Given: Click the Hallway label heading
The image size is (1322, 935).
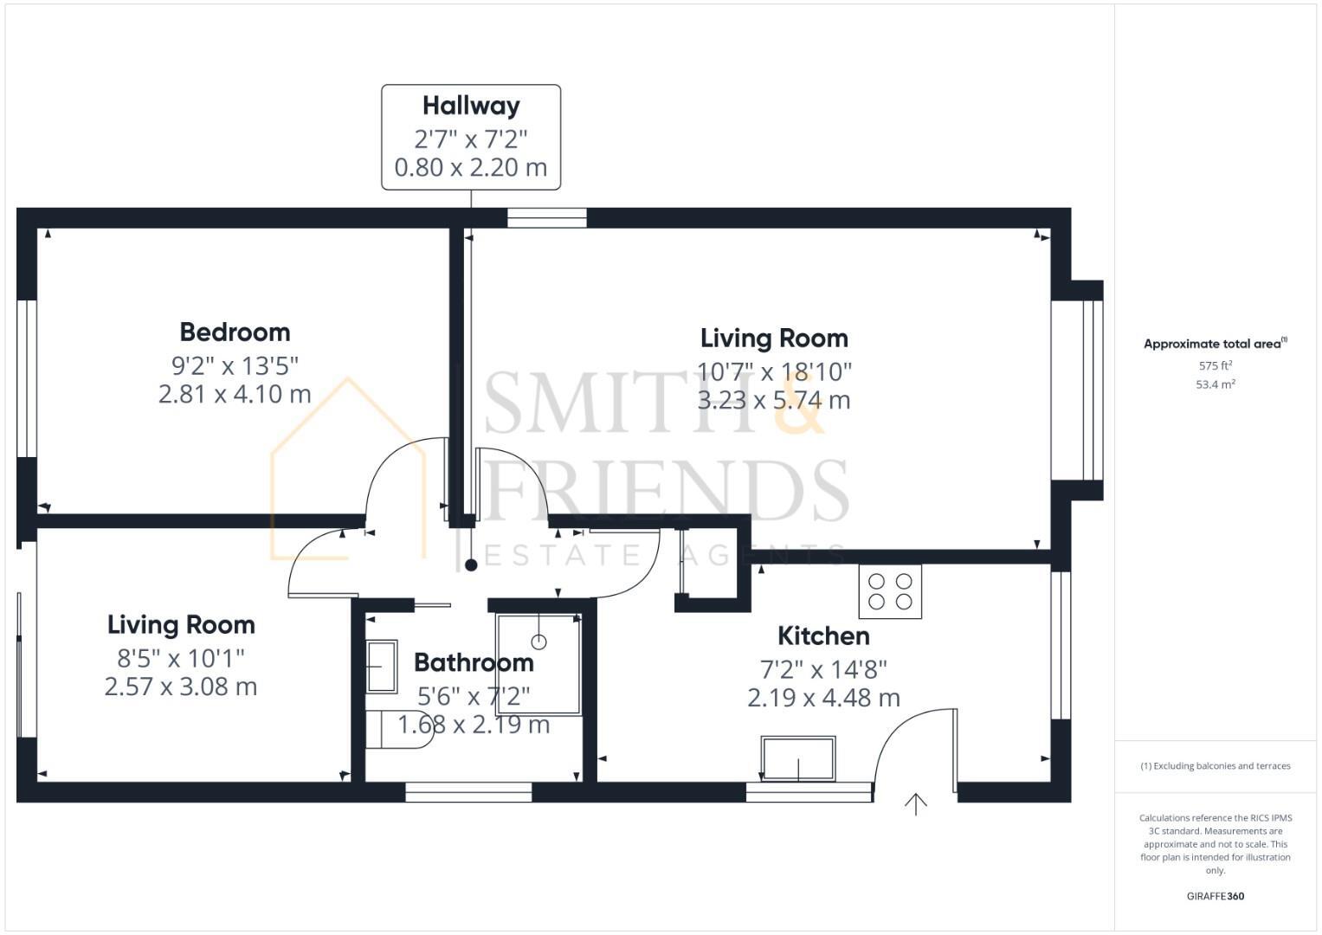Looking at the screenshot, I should [x=471, y=106].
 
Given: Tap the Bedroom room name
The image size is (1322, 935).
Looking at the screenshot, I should [x=235, y=332].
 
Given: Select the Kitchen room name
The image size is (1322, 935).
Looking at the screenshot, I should [x=823, y=635].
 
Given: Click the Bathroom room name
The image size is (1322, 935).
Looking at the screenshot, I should [x=474, y=662].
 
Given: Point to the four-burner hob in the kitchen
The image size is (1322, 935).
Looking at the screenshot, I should [x=890, y=591].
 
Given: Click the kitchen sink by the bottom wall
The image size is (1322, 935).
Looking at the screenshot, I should [x=798, y=758].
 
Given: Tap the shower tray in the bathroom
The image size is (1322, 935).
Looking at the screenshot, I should [x=538, y=663].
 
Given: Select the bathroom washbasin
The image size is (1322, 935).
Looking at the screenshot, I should [x=382, y=666].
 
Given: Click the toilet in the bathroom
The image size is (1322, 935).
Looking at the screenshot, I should [x=397, y=730].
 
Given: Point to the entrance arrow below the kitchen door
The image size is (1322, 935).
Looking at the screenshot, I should [x=916, y=804].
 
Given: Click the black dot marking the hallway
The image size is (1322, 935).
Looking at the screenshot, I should [x=471, y=565].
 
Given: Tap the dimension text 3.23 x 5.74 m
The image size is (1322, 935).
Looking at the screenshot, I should [x=774, y=400].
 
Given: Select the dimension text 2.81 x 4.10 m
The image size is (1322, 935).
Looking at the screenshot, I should [x=235, y=394].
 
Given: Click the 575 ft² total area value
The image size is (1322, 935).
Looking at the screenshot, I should [x=1216, y=366].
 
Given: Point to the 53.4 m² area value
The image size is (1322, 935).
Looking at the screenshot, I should [x=1216, y=384].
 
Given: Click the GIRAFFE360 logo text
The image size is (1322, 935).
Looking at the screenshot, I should [x=1216, y=896].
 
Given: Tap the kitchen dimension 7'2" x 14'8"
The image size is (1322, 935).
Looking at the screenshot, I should [x=823, y=669].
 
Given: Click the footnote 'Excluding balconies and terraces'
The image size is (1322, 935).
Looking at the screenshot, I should [x=1216, y=766].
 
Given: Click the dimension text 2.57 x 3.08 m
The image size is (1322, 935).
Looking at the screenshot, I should [x=181, y=687].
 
